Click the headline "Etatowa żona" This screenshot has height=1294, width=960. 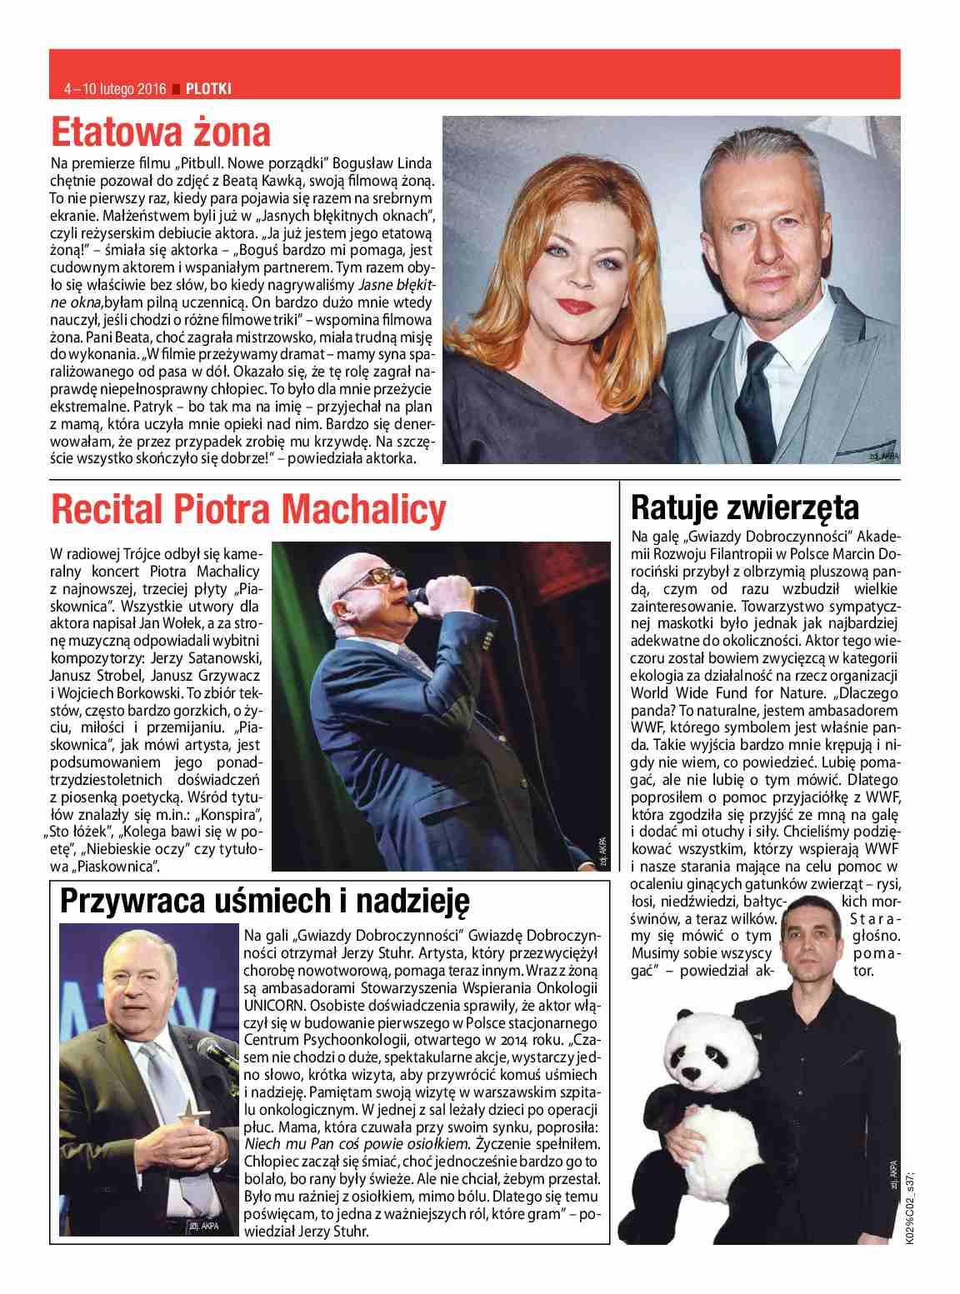click(x=161, y=132)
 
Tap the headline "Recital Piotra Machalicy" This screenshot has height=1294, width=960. click(x=248, y=509)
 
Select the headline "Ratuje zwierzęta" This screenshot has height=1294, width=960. click(x=744, y=506)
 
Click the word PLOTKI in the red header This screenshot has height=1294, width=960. click(x=208, y=87)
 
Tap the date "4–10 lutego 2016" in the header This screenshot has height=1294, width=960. click(x=115, y=87)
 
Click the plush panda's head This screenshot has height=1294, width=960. click(x=708, y=1052)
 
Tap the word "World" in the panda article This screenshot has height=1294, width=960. click(x=652, y=692)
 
